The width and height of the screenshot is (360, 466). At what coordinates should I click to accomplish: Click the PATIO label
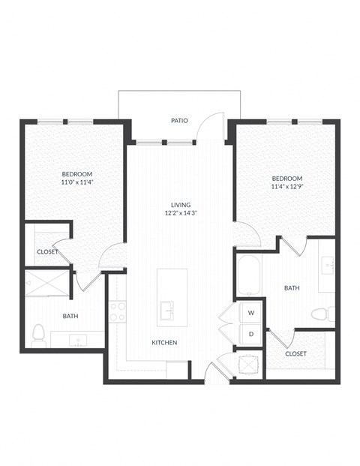[178, 120]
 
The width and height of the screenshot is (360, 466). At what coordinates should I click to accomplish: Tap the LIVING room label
[180, 204]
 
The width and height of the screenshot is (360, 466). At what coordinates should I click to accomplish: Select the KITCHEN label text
[164, 342]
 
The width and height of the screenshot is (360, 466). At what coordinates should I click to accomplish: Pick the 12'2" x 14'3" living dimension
[180, 213]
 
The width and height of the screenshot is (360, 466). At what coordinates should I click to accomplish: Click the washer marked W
[251, 312]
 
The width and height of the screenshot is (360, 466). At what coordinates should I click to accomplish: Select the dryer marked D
[251, 334]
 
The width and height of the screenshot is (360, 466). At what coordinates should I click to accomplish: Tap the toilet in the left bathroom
[38, 332]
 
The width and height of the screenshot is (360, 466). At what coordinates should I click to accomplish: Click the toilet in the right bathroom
[320, 314]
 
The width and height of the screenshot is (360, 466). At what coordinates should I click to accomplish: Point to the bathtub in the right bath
[248, 277]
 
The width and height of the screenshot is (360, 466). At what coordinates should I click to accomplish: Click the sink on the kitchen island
[166, 309]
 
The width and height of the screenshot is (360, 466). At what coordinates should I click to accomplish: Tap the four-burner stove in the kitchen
[117, 311]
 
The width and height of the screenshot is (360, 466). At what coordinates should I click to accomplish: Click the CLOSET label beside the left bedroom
[46, 251]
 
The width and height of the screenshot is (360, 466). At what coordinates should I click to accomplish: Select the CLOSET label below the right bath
[295, 353]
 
